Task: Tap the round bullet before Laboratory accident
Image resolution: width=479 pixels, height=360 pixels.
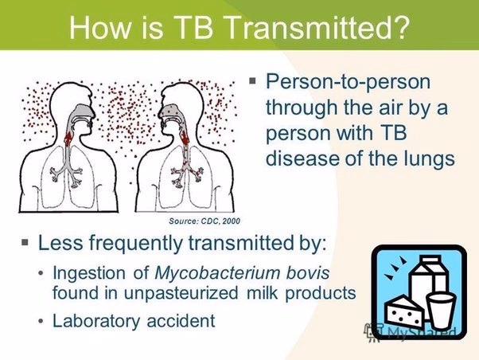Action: (x=41, y=322)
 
